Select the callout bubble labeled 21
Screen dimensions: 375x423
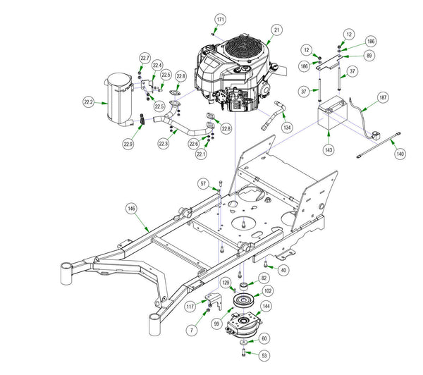pos(277,30)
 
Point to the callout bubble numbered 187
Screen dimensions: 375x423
pos(383,97)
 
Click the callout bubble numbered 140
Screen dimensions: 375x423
pos(399,153)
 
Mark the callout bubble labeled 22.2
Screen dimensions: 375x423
pos(89,102)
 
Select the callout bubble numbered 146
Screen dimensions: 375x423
pos(131,209)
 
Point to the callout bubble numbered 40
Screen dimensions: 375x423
pos(283,269)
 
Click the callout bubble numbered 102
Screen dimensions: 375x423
pos(268,290)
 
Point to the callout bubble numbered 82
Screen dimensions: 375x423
pos(264,278)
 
